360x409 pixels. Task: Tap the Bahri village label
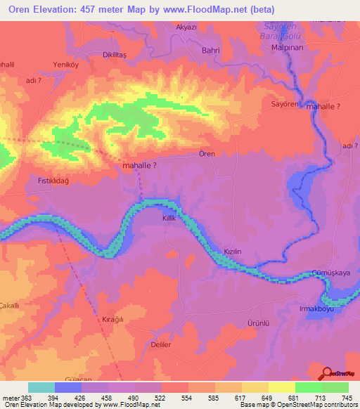211,51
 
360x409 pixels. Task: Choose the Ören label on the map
206,154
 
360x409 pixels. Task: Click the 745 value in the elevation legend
343,398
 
